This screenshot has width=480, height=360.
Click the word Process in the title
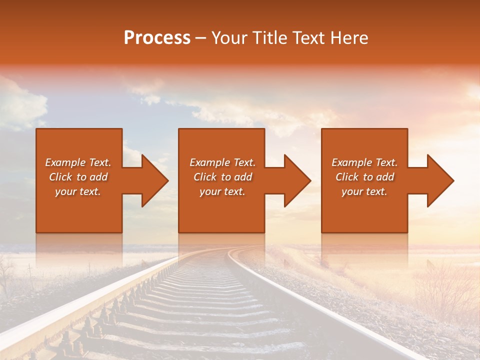[157, 37]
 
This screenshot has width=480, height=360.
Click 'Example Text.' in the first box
[78, 162]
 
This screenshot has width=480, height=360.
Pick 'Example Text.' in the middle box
[222, 162]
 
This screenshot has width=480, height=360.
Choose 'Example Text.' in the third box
[364, 162]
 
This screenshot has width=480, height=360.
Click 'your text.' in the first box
[78, 191]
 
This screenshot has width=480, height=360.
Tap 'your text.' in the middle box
[222, 191]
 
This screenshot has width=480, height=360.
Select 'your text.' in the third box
[364, 191]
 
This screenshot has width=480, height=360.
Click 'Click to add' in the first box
[78, 177]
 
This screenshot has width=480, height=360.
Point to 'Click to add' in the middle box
[222, 177]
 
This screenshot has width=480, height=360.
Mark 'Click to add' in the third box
[364, 177]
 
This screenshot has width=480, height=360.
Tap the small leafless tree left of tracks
[7, 275]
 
